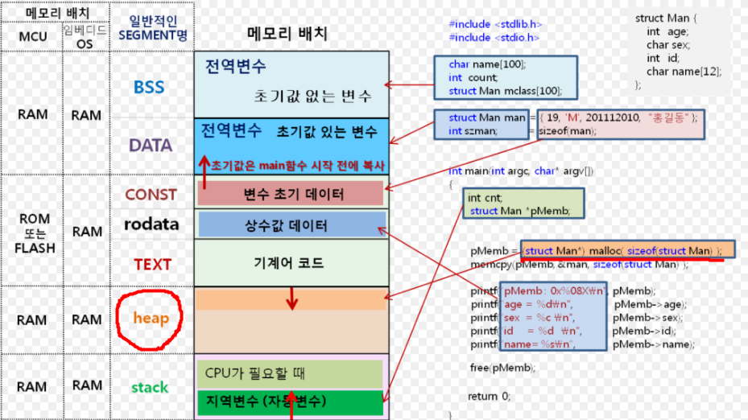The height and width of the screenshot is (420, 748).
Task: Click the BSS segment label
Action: [x=148, y=87]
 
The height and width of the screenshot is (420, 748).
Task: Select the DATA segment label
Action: [x=151, y=146]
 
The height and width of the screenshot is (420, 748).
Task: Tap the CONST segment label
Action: [x=151, y=194]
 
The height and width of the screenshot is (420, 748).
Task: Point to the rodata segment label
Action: [x=151, y=224]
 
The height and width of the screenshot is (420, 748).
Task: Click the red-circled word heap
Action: [x=151, y=319]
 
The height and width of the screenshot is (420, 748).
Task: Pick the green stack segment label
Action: [x=150, y=388]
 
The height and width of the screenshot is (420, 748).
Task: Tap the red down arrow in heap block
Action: [x=292, y=299]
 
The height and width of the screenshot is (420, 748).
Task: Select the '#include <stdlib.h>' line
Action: [x=495, y=24]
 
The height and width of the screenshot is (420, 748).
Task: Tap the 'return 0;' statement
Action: [x=489, y=396]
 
